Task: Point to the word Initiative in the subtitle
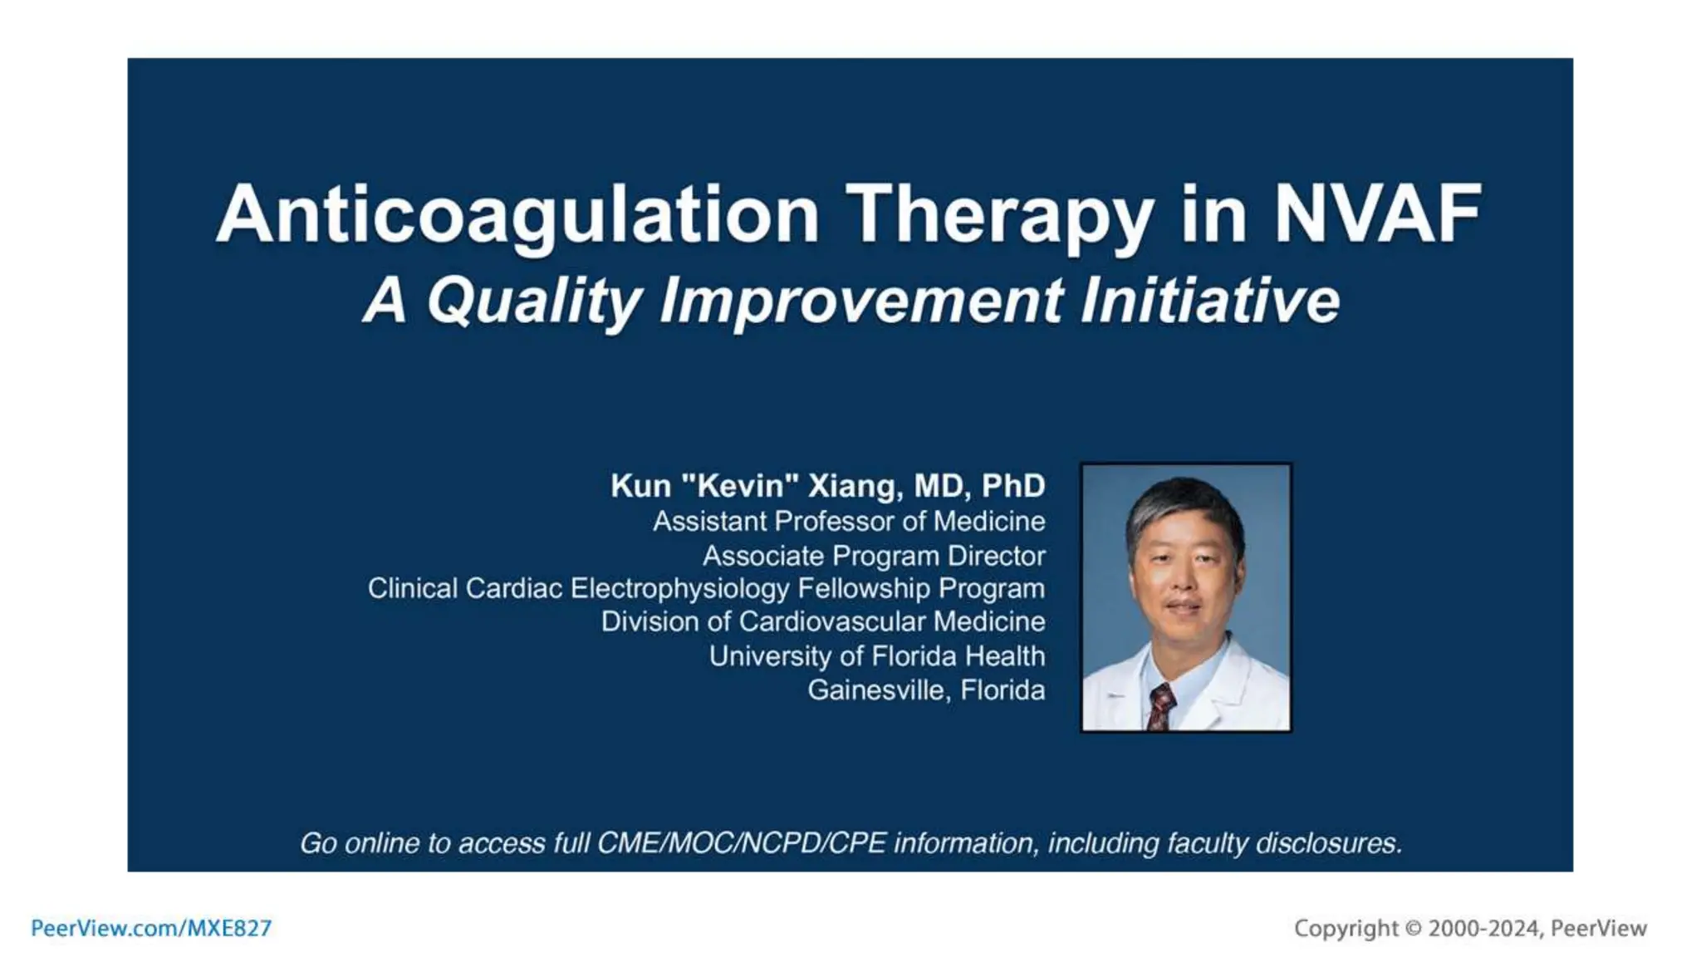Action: point(1209,301)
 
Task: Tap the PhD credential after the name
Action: point(1013,486)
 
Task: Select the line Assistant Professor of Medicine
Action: point(848,522)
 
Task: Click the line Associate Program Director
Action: point(873,556)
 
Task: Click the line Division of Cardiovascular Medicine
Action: point(822,622)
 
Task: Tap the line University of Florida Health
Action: point(876,656)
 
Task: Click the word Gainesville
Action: point(877,690)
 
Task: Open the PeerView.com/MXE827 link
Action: point(151,928)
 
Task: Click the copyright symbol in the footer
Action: point(1413,929)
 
